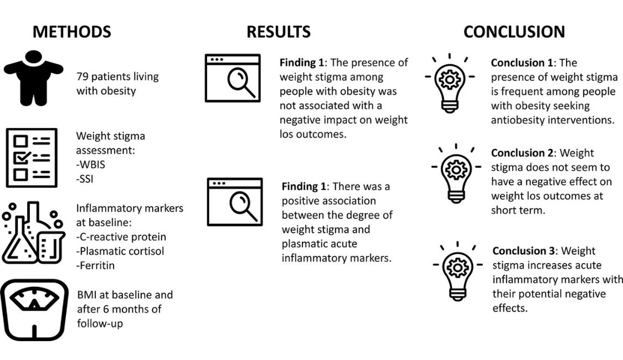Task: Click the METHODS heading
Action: tap(71, 32)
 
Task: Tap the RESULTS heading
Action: tap(278, 32)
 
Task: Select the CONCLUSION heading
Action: tap(514, 32)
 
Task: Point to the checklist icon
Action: tap(31, 157)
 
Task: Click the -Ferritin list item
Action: tap(96, 265)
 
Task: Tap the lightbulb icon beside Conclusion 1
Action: tap(449, 83)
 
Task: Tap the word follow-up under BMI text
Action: tap(100, 323)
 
